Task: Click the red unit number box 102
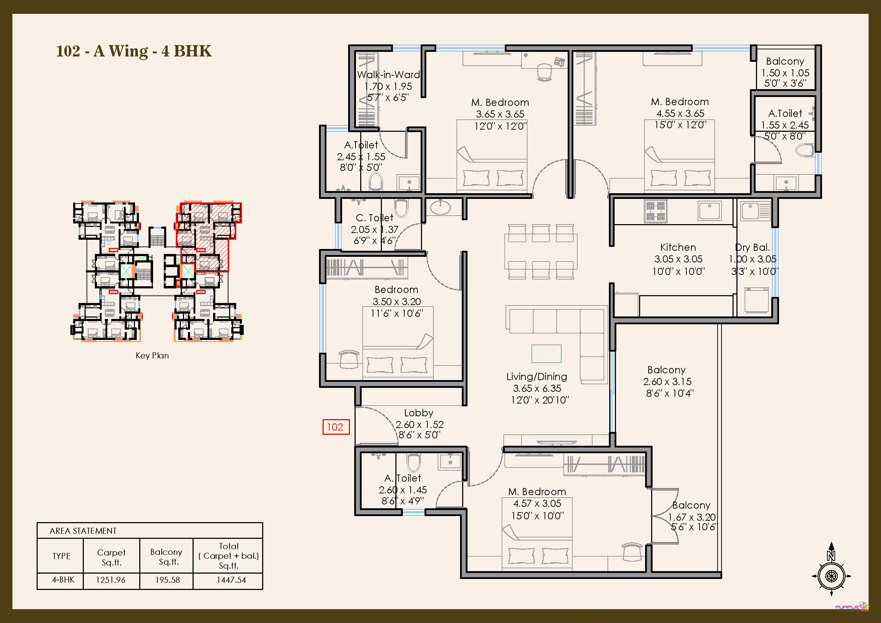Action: point(336,427)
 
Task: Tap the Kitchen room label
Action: point(678,247)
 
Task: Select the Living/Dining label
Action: point(536,377)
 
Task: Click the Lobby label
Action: point(418,413)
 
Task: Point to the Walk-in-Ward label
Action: point(388,75)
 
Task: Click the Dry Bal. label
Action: point(752,248)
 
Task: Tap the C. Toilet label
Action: point(374,218)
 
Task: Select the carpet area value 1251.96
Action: point(110,580)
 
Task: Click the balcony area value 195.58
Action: point(167,580)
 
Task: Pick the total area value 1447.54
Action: point(231,580)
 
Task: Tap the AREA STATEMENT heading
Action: point(83,531)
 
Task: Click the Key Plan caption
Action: point(152,356)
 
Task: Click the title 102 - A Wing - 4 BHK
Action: point(134,51)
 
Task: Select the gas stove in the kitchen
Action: point(655,211)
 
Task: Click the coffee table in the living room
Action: point(546,353)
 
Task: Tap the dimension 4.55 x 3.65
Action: point(680,113)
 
